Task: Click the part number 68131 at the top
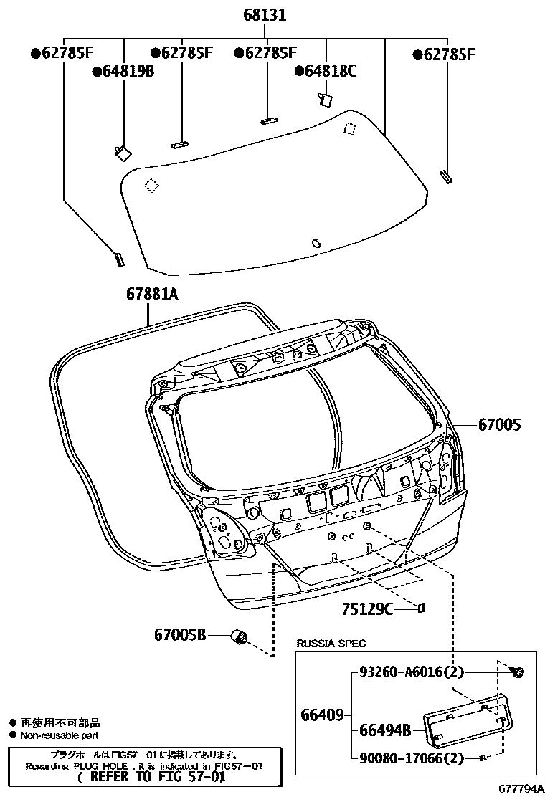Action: pos(265,14)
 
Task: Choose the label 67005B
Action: pos(180,634)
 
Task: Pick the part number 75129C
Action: pos(367,609)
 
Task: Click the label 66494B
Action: pos(384,730)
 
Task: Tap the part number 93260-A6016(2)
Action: pos(412,672)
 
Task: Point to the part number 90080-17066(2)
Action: pos(412,758)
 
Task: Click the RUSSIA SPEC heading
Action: pos(331,644)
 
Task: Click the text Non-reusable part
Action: pos(59,735)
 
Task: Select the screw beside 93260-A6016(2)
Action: pos(517,672)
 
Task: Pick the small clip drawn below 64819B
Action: pos(121,151)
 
